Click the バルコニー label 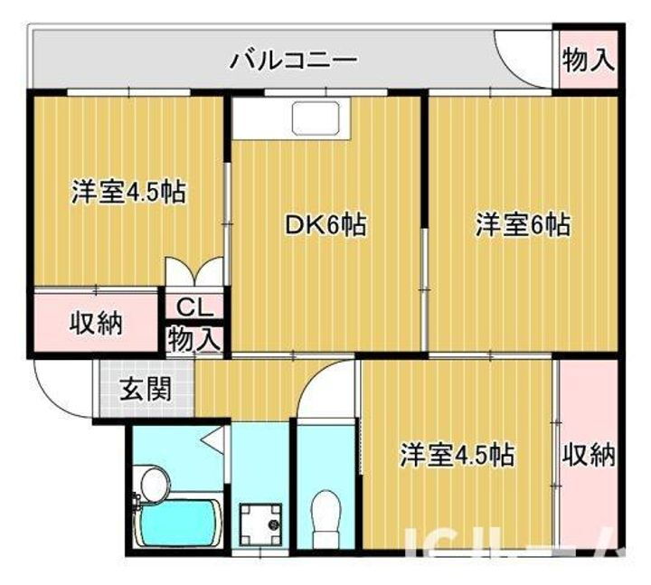coord(294,61)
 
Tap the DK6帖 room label coord(325,225)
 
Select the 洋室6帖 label coord(523,225)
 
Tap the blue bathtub coord(178,524)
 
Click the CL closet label coord(194,305)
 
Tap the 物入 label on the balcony coord(588,60)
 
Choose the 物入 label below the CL coord(194,339)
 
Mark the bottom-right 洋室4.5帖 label coord(458,454)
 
